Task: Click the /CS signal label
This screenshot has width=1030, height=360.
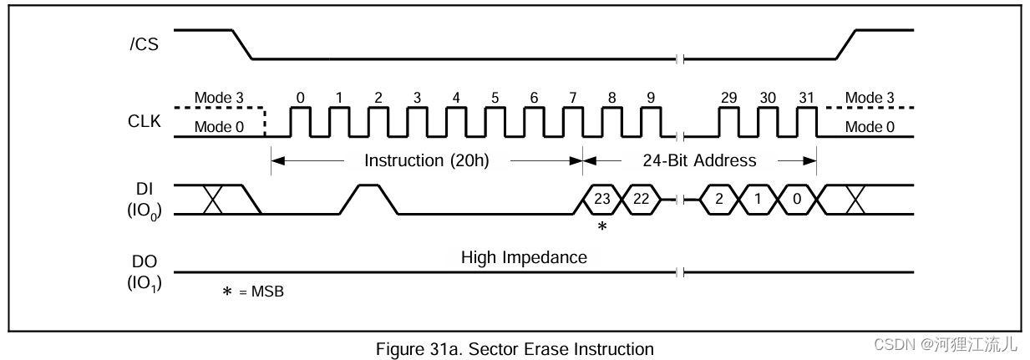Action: (x=145, y=44)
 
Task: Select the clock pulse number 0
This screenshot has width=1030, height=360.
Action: (x=300, y=98)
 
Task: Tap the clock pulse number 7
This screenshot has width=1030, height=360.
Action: (x=573, y=98)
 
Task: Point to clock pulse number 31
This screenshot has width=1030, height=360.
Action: (x=806, y=98)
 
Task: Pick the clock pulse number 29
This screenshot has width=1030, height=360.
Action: (x=728, y=98)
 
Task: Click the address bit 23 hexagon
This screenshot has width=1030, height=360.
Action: (x=601, y=200)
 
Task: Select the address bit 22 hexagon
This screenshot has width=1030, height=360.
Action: (x=641, y=200)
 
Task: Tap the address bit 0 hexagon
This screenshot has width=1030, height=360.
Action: (x=796, y=200)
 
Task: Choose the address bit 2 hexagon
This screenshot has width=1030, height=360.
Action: (x=718, y=200)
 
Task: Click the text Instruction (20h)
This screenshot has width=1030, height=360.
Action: (x=426, y=160)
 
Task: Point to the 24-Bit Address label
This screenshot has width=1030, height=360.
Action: (x=699, y=160)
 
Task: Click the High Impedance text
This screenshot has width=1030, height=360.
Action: (x=524, y=257)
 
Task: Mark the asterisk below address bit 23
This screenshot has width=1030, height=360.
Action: (x=601, y=226)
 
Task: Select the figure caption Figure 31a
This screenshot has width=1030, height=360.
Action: (x=515, y=348)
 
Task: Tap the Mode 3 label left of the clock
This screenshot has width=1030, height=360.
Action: (x=220, y=98)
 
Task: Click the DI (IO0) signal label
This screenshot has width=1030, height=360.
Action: (x=144, y=200)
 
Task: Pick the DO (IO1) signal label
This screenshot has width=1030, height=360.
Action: (x=144, y=272)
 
